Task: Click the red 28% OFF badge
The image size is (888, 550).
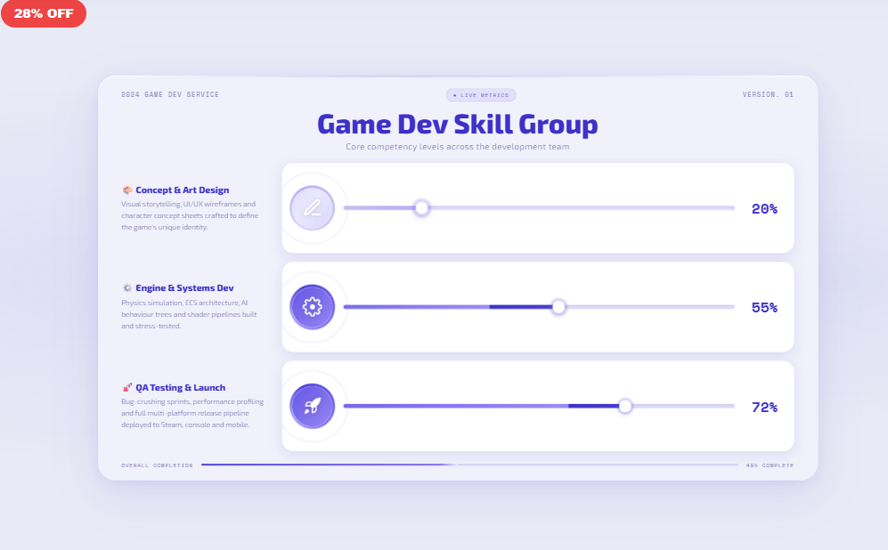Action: coord(44,13)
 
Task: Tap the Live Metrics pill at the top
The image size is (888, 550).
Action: coord(481,95)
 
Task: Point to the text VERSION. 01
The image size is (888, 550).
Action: coord(768,94)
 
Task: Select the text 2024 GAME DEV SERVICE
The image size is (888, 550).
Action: coord(170,94)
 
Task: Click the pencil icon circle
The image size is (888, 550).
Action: coord(312,208)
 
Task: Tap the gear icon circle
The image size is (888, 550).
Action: coord(312,307)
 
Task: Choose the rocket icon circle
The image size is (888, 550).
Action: coord(312,406)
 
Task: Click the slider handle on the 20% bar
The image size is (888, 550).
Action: coord(422,208)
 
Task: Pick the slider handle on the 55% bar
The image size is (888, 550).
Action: coord(558,307)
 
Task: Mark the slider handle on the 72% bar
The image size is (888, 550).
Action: coord(625,406)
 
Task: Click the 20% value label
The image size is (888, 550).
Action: coord(764,209)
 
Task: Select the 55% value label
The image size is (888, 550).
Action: coord(764,308)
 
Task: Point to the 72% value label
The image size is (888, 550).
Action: coord(764,407)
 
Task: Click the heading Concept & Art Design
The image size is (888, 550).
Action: coord(182,190)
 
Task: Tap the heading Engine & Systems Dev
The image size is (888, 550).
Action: coord(184,288)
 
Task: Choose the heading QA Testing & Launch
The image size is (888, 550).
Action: coord(180,387)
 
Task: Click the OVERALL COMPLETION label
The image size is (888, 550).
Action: coord(158,465)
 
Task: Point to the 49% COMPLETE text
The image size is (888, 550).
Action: coord(770,465)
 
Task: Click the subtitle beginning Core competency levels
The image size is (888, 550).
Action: coord(457,147)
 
